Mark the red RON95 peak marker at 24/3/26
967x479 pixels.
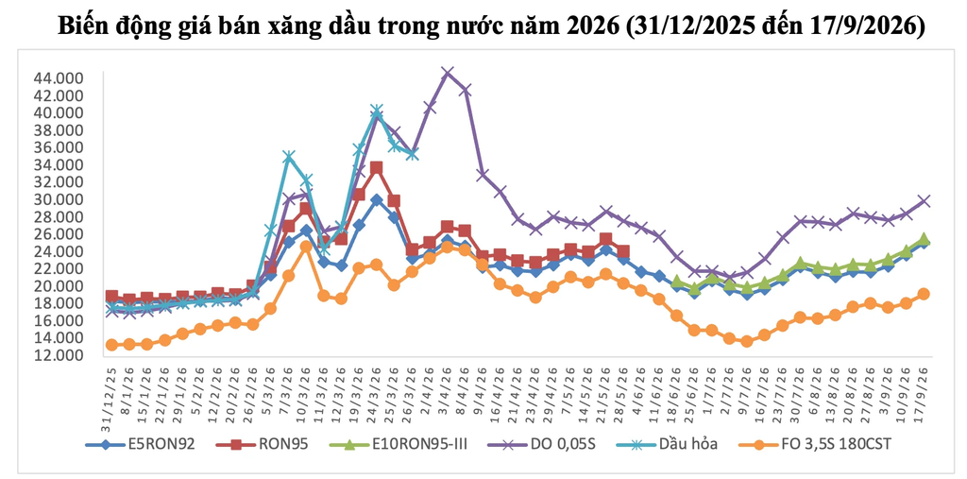[376, 168]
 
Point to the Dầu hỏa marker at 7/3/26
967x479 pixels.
[288, 157]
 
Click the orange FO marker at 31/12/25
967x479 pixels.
[111, 345]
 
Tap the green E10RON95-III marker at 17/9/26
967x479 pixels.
[924, 239]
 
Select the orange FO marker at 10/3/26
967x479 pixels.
[306, 247]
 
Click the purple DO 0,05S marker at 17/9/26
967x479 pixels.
[924, 200]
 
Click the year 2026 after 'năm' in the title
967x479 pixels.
[584, 26]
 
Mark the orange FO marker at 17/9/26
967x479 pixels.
[924, 294]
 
